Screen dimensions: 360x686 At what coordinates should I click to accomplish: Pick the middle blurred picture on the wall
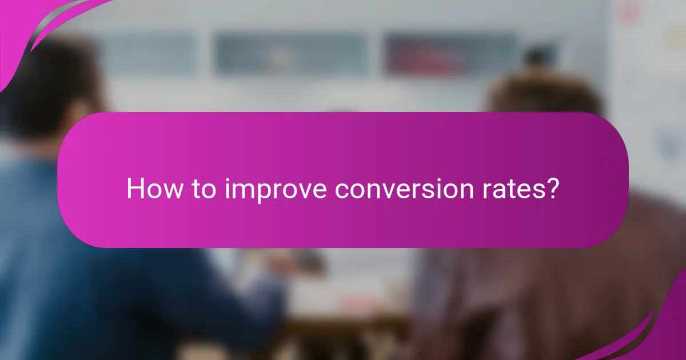(x=292, y=54)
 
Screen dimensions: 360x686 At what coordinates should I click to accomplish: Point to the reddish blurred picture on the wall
(x=452, y=54)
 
